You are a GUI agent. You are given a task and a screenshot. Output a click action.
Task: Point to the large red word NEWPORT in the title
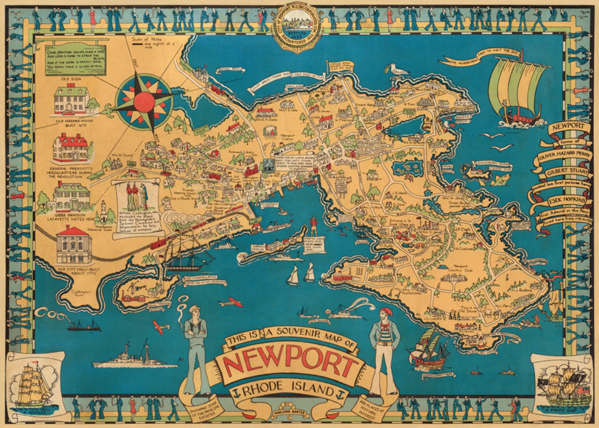(290, 365)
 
